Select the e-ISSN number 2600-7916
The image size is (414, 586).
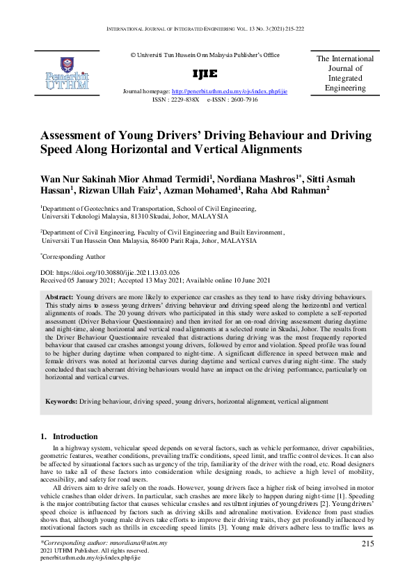click(x=244, y=100)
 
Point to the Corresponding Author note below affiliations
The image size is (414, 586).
click(x=68, y=256)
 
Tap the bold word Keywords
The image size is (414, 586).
click(x=61, y=402)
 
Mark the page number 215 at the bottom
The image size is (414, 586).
click(x=368, y=543)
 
